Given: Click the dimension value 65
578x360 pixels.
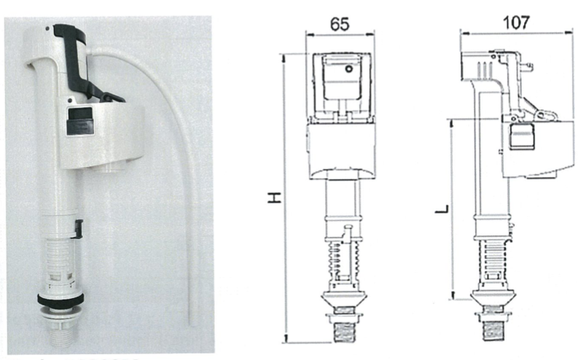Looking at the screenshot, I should click(339, 23).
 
